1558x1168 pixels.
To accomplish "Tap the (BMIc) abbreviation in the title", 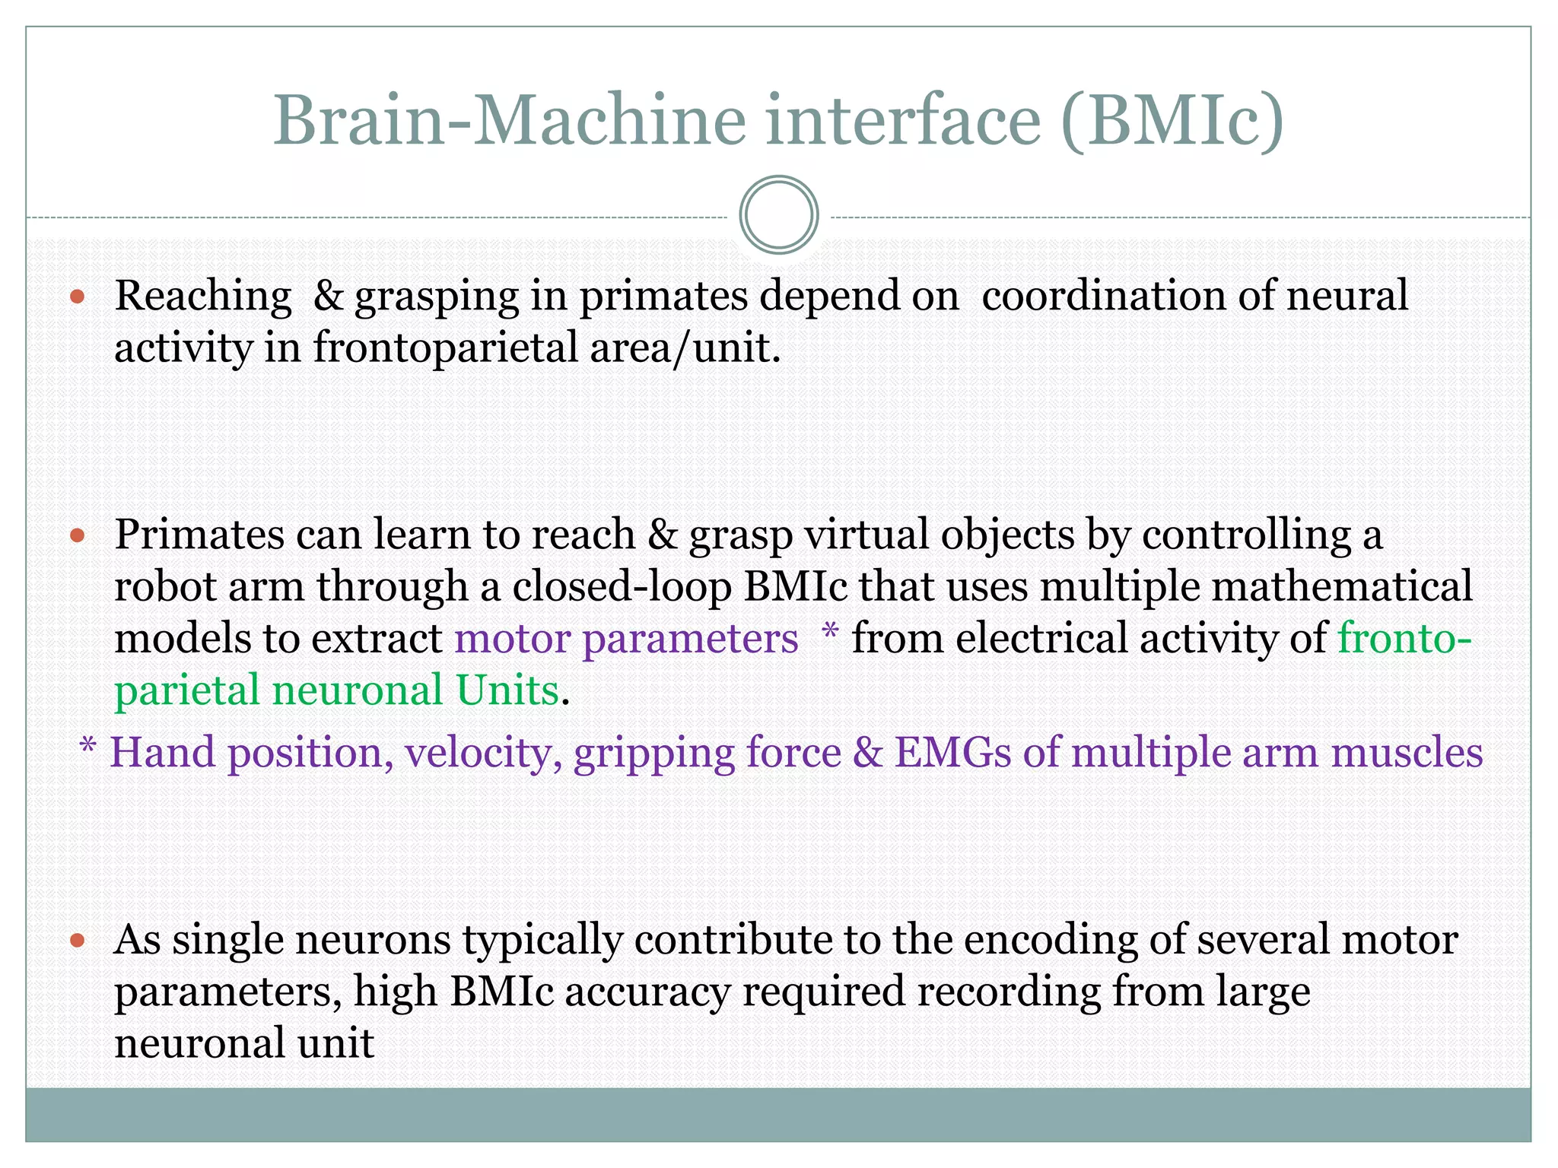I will (x=1172, y=120).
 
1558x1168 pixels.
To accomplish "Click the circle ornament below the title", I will (x=778, y=215).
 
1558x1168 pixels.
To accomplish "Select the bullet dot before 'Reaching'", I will (x=77, y=297).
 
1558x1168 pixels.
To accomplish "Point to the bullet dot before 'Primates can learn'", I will (x=77, y=536).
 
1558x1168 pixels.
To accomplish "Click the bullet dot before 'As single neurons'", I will (x=77, y=941).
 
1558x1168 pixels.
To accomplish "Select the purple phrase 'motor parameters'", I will (x=626, y=638).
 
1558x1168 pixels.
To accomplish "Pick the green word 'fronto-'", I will (x=1404, y=638).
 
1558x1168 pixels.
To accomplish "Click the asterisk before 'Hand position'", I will (x=88, y=747).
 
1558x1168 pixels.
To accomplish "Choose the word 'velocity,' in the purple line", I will (x=483, y=753).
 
